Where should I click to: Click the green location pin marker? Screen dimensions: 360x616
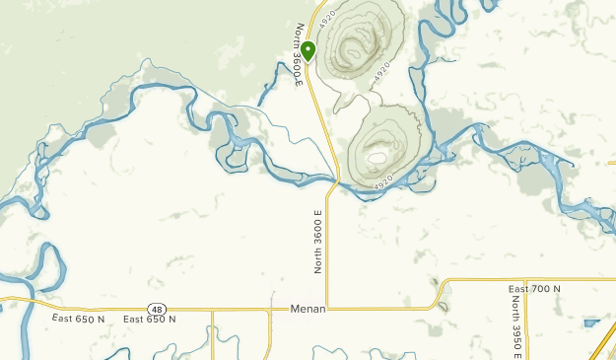point(308,49)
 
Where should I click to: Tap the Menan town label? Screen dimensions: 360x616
point(308,309)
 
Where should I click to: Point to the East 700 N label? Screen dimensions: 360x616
point(534,288)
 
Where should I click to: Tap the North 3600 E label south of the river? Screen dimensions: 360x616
point(318,240)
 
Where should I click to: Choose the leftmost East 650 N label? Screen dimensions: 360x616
point(78,319)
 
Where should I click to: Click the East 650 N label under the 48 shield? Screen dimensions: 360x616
point(150,320)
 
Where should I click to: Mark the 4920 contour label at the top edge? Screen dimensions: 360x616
point(328,16)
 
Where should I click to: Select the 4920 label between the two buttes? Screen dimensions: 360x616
point(382,72)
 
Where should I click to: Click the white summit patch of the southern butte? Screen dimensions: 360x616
point(376,154)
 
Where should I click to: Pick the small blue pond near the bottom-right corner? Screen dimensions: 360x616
point(592,323)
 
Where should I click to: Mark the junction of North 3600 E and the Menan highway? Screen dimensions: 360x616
point(327,309)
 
